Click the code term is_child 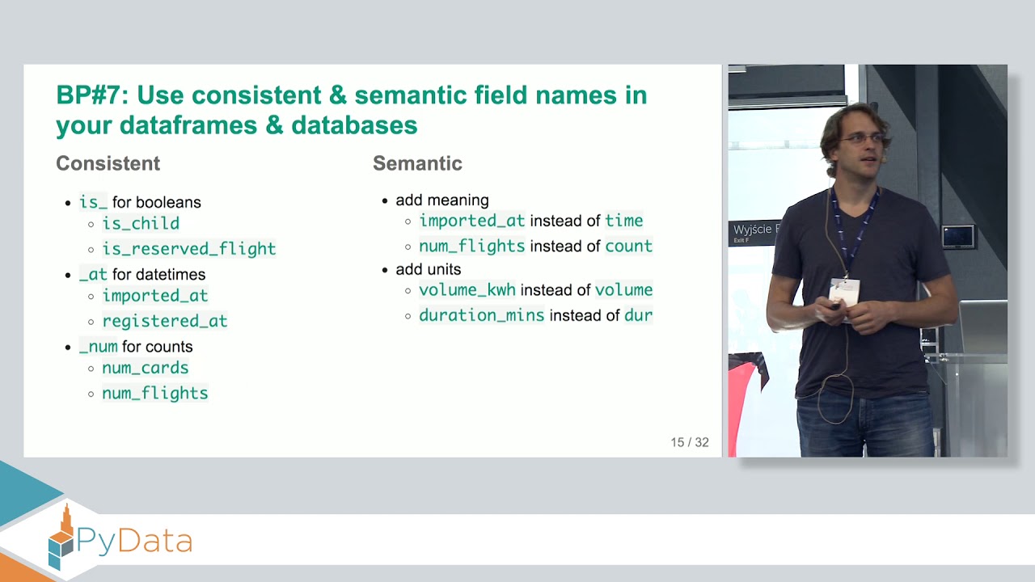tap(141, 224)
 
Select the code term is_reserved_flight tap(189, 249)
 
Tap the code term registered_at tap(165, 321)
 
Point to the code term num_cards tap(146, 368)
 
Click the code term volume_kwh tap(467, 289)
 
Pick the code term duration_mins tap(482, 315)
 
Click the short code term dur tap(638, 315)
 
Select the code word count tap(628, 246)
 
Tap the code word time tap(623, 221)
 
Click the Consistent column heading tap(108, 163)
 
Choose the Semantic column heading tap(417, 163)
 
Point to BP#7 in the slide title tap(91, 95)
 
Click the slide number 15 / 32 tap(689, 442)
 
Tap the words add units tap(428, 269)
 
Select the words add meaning tap(441, 200)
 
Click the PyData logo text tap(133, 541)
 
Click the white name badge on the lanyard tap(844, 291)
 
